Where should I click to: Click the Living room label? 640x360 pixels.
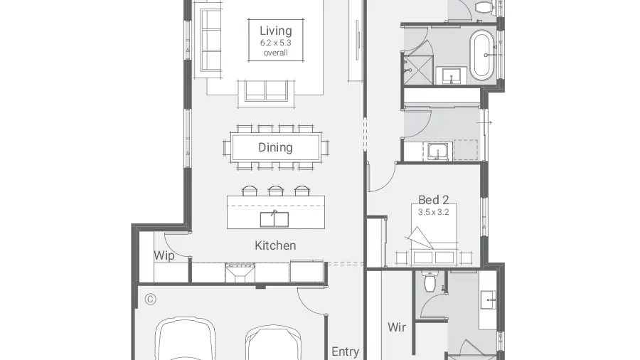[x=275, y=31]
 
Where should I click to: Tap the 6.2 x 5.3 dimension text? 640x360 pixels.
[x=275, y=43]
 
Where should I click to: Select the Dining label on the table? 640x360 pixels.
[x=275, y=147]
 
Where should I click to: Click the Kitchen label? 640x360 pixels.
[x=275, y=245]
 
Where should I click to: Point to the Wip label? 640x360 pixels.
[x=164, y=256]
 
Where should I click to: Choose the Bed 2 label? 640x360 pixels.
[x=434, y=200]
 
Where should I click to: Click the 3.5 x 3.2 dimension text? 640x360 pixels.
[x=434, y=212]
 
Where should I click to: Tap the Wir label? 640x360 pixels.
[x=397, y=327]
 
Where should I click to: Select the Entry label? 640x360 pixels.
[x=346, y=351]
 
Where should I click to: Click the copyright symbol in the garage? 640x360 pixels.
[x=150, y=300]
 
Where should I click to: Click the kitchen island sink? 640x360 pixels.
[x=274, y=219]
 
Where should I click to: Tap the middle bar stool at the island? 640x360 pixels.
[x=275, y=191]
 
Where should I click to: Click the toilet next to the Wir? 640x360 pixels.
[x=430, y=281]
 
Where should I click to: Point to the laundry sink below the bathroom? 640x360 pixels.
[x=438, y=152]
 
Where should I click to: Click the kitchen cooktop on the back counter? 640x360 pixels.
[x=240, y=272]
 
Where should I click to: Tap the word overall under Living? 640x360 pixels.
[x=275, y=53]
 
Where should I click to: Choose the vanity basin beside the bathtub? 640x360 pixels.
[x=452, y=76]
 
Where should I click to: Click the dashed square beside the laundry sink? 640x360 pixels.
[x=466, y=150]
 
